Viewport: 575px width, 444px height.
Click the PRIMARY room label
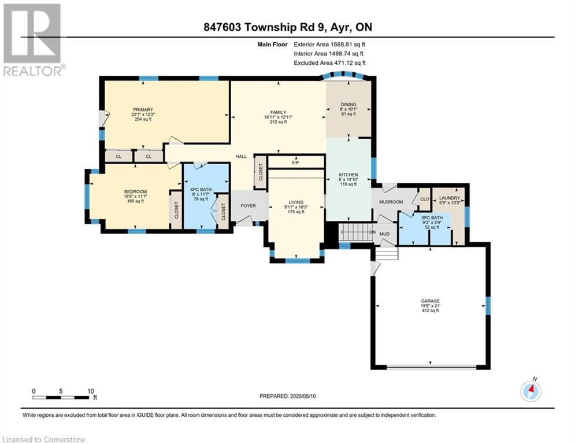(143, 110)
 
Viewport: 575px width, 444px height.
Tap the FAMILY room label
(278, 112)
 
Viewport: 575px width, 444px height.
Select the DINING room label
(348, 105)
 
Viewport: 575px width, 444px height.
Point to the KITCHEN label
(348, 175)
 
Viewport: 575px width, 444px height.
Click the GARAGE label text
(431, 301)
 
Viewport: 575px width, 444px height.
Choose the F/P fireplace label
(295, 162)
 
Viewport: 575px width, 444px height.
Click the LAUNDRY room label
(450, 198)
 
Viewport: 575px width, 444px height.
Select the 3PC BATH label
(432, 217)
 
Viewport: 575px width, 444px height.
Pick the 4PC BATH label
(201, 190)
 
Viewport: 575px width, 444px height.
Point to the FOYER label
(248, 206)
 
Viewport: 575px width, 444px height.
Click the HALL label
(242, 156)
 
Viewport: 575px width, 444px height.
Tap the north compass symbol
(531, 391)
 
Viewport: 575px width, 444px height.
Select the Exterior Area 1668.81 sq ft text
(329, 45)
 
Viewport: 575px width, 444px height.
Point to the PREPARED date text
(288, 396)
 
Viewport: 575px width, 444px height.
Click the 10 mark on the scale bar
(91, 391)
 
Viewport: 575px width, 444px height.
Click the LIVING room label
(296, 202)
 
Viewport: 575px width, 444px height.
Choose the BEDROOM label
(135, 191)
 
